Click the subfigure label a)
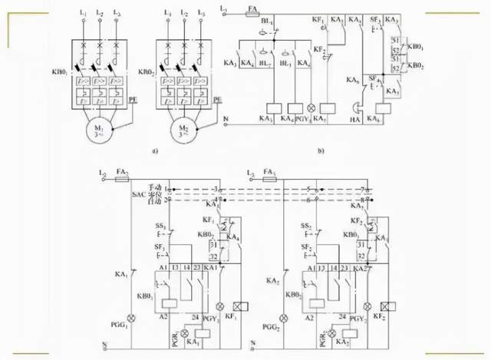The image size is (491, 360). pos(154,151)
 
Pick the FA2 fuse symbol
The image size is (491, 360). pos(120,177)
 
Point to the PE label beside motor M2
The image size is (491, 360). pos(217,101)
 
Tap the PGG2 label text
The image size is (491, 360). pos(270,330)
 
